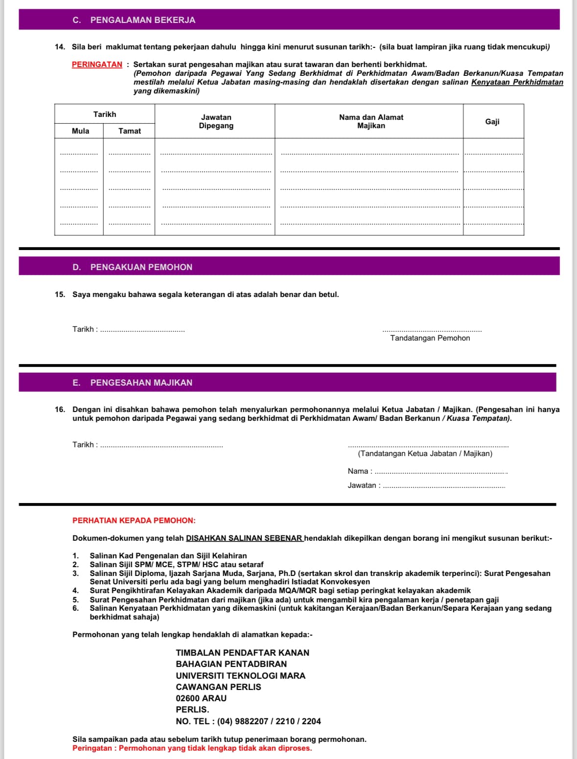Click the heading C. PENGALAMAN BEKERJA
point(134,20)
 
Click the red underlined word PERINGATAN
point(97,65)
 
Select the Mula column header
point(80,131)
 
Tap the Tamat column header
point(129,131)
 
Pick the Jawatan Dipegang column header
point(216,121)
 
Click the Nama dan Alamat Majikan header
point(371,121)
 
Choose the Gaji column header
point(492,121)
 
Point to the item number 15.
point(60,295)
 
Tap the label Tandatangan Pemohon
point(430,338)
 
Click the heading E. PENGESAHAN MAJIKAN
point(132,383)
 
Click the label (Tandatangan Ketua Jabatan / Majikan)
point(425,454)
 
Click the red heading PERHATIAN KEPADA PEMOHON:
point(134,521)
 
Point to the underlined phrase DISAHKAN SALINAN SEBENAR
point(244,538)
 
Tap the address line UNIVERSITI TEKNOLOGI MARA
point(240,676)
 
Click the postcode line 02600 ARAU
point(201,698)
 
